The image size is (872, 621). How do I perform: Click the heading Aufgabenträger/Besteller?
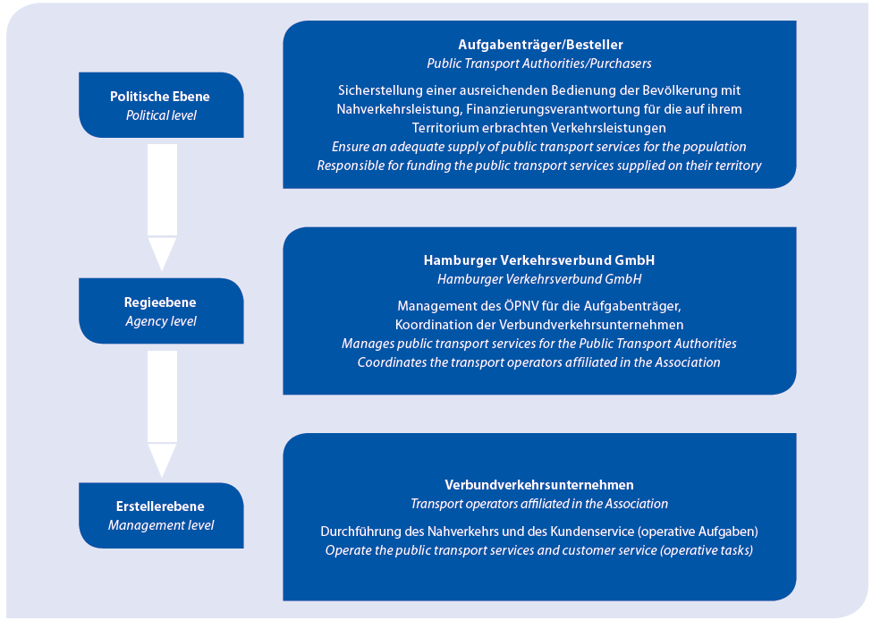point(539,45)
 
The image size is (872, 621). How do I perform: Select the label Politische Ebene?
point(160,97)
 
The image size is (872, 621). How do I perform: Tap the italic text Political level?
point(161,115)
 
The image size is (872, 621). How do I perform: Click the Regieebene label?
point(160,302)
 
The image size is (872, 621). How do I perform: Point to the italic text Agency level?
point(161,321)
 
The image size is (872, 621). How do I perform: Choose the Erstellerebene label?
point(161,507)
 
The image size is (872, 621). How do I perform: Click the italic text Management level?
point(161,525)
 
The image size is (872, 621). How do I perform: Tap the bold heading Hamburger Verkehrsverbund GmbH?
point(539,260)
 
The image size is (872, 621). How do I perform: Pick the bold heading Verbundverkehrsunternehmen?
point(539,485)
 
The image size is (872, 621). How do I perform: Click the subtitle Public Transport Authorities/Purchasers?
point(539,64)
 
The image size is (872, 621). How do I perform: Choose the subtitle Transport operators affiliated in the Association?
point(539,504)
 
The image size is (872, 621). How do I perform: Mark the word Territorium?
point(448,128)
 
